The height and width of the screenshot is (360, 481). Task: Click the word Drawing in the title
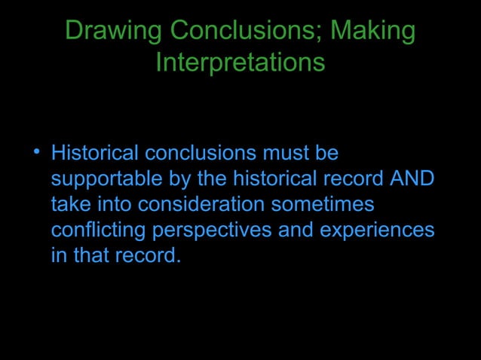coord(114,32)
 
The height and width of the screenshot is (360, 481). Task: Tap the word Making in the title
coord(373,32)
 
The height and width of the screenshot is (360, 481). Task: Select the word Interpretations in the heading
coord(240,63)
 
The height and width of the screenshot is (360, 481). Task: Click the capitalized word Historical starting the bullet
coord(95,154)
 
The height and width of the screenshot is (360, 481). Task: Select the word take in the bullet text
coord(69,204)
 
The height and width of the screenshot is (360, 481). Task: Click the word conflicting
coord(98,230)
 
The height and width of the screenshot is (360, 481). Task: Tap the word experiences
coord(377,230)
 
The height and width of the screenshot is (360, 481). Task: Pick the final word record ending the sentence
coord(149,255)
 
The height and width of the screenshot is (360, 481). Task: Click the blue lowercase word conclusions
coord(201,154)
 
